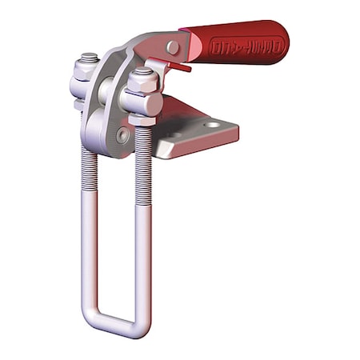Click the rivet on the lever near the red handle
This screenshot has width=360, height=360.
coord(172,48)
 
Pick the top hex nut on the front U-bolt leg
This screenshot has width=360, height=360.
coord(142,83)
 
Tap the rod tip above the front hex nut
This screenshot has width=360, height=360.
coord(143,70)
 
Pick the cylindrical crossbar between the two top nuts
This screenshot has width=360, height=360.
coord(113,92)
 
